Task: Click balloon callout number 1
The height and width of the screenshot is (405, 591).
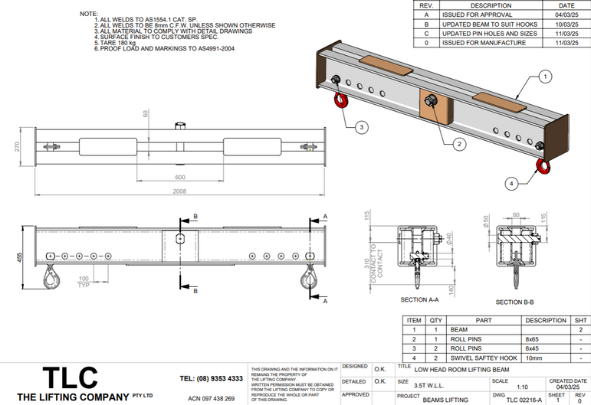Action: (545, 77)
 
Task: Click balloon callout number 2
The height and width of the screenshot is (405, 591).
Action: (459, 143)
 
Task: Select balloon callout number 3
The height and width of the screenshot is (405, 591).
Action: (361, 126)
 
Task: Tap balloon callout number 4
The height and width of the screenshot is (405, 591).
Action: (511, 183)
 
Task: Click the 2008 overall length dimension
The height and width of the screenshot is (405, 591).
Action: (179, 191)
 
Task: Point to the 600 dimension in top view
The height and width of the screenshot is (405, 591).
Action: (179, 177)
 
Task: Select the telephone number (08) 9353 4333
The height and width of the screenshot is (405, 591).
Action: (212, 378)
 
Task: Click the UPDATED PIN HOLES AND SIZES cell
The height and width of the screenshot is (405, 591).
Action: (491, 34)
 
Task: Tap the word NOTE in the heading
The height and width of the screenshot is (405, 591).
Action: (89, 14)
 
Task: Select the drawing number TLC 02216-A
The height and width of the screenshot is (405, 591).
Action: (524, 400)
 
